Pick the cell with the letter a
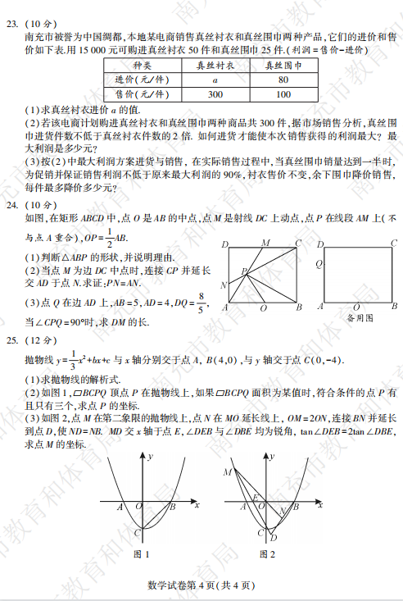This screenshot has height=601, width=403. point(215,80)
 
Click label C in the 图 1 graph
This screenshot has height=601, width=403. point(134,533)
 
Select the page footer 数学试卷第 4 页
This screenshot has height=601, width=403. point(201,585)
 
